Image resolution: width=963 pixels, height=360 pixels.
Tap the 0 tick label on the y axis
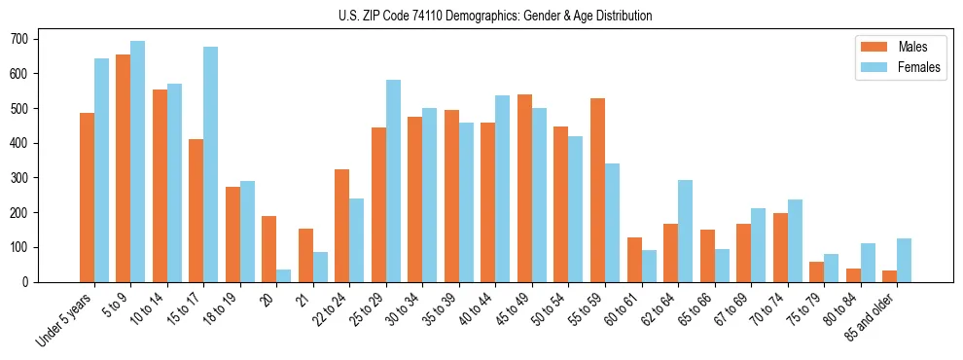click(28, 282)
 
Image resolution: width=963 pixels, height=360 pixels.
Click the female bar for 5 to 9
click(138, 162)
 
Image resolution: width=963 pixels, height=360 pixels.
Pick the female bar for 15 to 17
click(211, 164)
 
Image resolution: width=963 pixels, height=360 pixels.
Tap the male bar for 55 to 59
click(597, 190)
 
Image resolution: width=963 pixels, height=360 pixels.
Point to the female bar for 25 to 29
click(394, 181)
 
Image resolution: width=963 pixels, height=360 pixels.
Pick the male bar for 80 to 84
click(853, 275)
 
